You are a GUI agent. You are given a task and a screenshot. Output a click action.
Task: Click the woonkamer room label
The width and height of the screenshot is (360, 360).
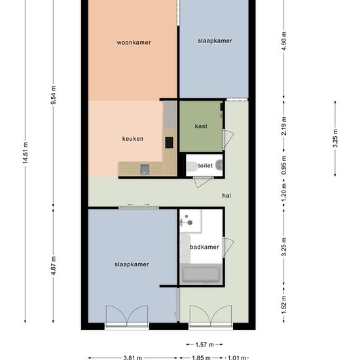134,43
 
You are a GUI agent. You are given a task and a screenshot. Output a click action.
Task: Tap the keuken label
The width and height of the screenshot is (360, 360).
133,139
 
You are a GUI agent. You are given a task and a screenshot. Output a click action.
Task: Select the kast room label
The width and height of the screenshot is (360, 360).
201,126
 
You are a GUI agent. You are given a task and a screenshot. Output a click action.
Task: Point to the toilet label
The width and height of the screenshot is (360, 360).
205,166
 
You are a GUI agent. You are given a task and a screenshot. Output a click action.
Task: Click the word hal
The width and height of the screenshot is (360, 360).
226,196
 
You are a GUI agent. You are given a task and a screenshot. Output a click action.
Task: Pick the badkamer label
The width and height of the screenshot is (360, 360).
204,247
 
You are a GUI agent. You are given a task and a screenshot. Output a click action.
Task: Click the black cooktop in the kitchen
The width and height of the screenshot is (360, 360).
169,142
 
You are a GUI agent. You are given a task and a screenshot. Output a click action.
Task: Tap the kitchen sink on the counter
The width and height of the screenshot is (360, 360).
145,170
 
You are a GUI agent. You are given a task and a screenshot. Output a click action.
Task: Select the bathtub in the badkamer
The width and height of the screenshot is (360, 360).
201,274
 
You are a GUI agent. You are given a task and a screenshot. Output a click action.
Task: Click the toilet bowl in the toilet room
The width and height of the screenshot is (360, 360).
192,166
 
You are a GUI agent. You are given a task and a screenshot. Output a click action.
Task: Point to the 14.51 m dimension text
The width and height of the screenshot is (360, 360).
26,153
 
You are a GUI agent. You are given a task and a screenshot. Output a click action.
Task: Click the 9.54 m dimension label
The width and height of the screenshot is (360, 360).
53,95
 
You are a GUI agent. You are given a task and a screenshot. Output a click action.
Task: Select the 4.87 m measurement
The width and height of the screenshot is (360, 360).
53,266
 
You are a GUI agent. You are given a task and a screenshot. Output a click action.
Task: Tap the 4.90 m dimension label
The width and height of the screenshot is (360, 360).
284,41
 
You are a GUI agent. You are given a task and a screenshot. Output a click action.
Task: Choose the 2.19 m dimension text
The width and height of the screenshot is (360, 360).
284,126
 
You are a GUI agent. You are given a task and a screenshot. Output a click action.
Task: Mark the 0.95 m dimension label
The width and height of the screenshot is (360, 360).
284,165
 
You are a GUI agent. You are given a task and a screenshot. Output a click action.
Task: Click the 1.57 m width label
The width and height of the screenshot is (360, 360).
205,344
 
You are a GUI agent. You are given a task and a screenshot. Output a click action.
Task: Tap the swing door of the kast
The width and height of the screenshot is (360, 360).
228,139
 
